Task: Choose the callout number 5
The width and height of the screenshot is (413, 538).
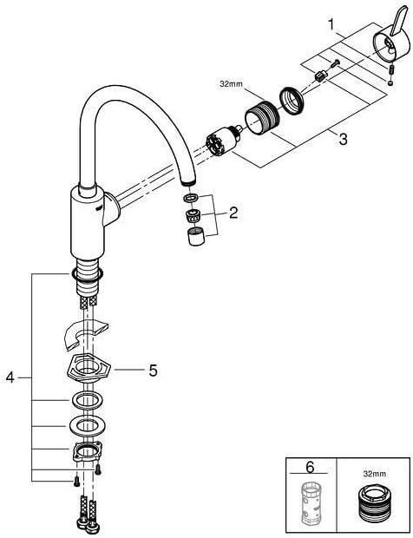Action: pyautogui.click(x=152, y=369)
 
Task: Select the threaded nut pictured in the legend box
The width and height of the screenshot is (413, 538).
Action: pyautogui.click(x=372, y=508)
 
